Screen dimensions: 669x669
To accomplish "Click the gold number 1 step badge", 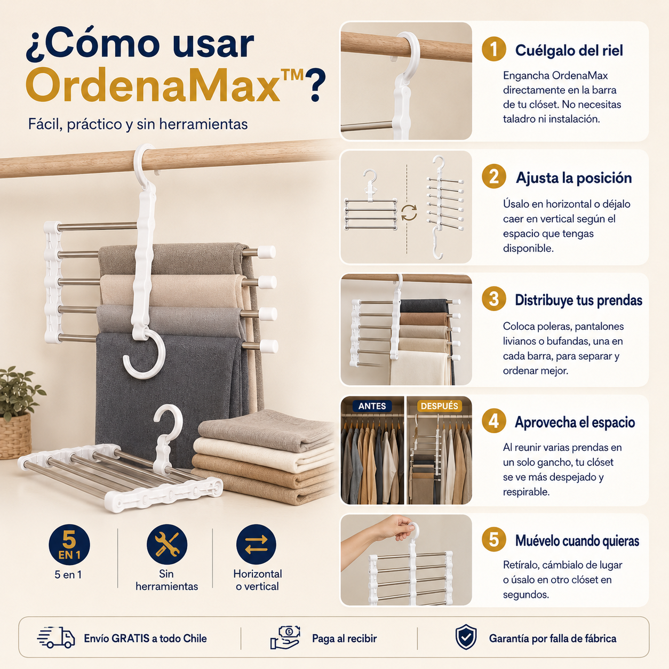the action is (493, 49).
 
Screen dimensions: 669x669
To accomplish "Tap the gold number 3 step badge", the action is (493, 299).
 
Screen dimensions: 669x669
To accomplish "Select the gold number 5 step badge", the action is (493, 540).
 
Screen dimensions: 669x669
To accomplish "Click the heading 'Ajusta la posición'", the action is (574, 178).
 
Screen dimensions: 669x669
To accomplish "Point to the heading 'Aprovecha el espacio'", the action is (575, 422).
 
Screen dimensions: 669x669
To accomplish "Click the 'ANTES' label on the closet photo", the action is (372, 406).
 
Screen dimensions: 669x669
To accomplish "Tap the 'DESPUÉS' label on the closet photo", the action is (439, 406).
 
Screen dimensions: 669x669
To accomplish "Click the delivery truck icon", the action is (56, 638).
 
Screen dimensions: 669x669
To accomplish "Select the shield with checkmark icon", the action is (466, 636).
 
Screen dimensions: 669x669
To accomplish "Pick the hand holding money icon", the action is (285, 638).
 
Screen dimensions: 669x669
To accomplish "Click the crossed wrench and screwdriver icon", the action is (166, 544).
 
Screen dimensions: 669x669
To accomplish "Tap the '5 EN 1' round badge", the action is (69, 544).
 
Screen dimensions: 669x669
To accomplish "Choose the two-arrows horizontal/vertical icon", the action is (256, 544).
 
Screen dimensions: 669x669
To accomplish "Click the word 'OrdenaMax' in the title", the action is (153, 85).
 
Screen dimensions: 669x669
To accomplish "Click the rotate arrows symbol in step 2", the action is (409, 212).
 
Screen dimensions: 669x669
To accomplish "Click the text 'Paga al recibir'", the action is (344, 638).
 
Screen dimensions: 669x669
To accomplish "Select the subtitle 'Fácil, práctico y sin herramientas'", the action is (138, 124).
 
